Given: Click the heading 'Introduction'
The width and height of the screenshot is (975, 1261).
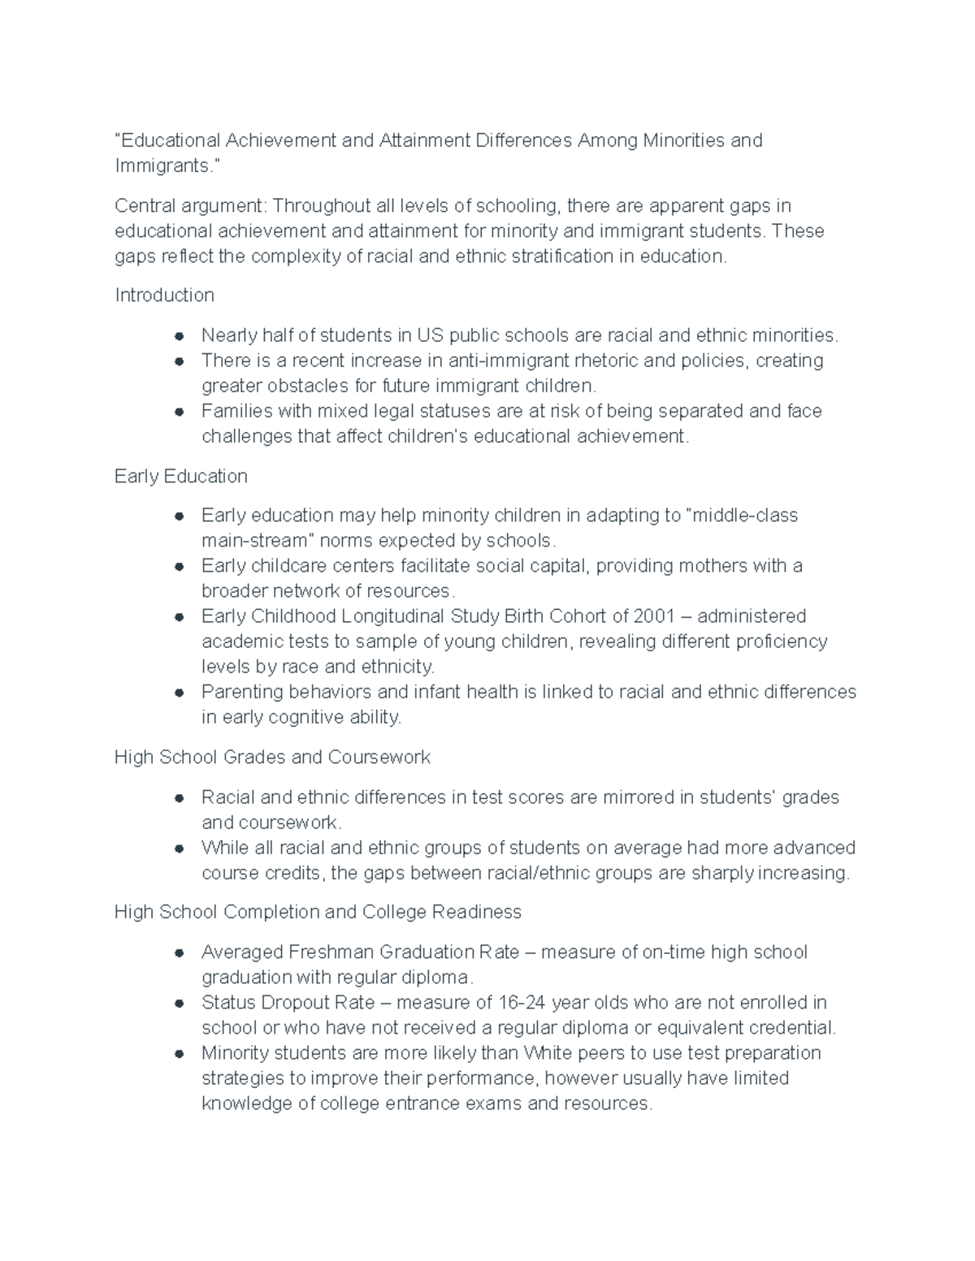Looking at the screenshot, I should pyautogui.click(x=164, y=296).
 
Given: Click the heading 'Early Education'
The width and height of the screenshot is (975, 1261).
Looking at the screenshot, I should pyautogui.click(x=180, y=477).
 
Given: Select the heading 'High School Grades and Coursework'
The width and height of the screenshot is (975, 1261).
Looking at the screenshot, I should pyautogui.click(x=272, y=758).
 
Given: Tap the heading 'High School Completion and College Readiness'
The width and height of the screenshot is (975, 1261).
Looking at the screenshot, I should pyautogui.click(x=318, y=913).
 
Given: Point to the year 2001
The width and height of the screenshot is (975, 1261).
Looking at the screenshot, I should pyautogui.click(x=654, y=616).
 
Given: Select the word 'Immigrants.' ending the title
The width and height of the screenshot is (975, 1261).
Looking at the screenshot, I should pyautogui.click(x=167, y=166).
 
